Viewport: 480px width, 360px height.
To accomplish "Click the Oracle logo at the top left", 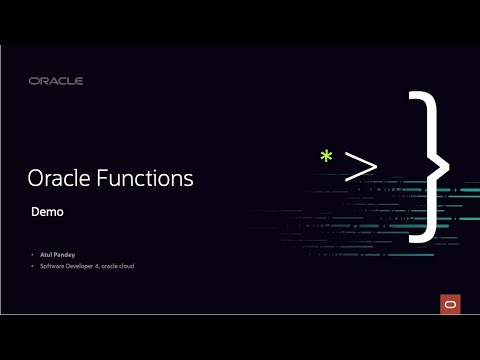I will [x=56, y=81].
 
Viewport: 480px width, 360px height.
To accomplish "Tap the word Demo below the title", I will [x=48, y=212].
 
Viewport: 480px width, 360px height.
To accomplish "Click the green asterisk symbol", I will [x=325, y=157].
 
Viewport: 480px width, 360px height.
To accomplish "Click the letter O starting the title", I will [x=37, y=180].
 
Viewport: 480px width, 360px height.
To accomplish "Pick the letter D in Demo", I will [x=36, y=212].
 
